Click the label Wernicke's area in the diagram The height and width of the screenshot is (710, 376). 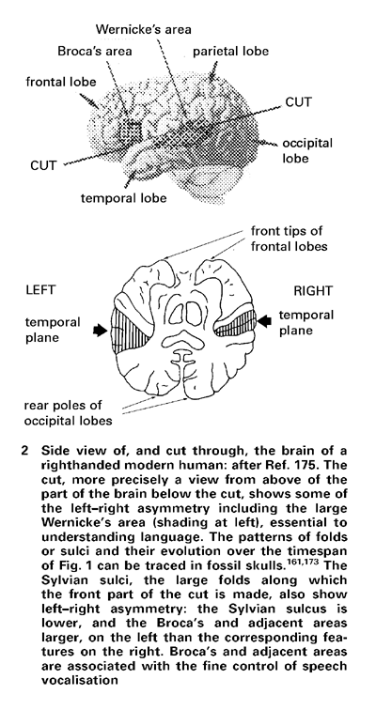[x=144, y=30]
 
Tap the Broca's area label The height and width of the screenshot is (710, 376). [x=95, y=51]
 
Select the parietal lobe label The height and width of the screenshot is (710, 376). [x=231, y=51]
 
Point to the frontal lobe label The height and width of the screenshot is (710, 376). [x=61, y=82]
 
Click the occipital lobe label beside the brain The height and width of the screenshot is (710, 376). [x=307, y=151]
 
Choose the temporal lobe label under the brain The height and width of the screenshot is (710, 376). [x=124, y=198]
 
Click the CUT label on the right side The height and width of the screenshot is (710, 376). [x=299, y=102]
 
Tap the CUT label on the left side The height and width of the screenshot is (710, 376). [x=44, y=165]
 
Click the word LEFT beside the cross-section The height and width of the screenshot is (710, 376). [x=41, y=290]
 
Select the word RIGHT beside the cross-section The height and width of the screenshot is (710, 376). [x=313, y=291]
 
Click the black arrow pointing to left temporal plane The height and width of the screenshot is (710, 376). [x=101, y=331]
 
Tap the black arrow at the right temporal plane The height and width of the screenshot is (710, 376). [x=265, y=321]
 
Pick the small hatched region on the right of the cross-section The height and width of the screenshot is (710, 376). [x=235, y=324]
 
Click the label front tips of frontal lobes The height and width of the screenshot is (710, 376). [x=287, y=239]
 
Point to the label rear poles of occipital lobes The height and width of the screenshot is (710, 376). [x=68, y=413]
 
